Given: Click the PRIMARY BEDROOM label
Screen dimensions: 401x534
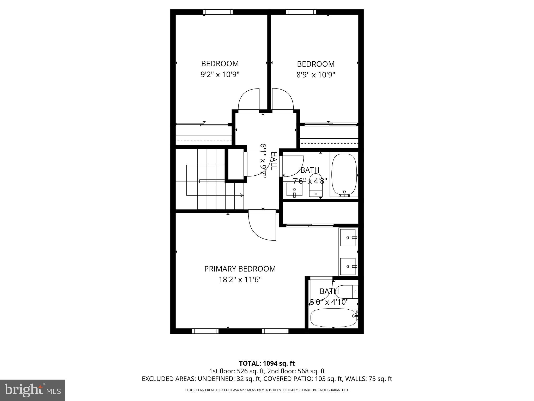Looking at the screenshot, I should click(x=240, y=269).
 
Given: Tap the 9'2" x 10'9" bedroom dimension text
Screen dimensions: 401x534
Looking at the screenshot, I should click(x=220, y=75).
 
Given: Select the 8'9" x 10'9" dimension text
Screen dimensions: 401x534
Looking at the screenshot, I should click(x=315, y=75).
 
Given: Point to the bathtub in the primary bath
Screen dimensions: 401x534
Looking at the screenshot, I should click(x=333, y=318).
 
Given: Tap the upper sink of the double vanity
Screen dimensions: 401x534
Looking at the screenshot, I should click(x=348, y=238).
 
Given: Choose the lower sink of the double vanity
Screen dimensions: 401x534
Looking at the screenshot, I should click(x=348, y=267).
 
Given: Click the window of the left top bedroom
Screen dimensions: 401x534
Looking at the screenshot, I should click(x=218, y=12).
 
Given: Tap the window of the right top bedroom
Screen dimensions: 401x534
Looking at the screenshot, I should click(x=301, y=12).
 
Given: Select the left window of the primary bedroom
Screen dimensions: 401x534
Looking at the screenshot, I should click(x=205, y=331).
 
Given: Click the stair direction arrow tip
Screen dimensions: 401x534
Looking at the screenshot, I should click(x=242, y=195).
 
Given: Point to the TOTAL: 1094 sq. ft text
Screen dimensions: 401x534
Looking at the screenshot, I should click(x=267, y=363).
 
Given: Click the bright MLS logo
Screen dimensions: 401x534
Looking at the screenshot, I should click(x=33, y=390).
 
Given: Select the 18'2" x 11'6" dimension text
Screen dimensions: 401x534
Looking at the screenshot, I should click(x=240, y=280).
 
